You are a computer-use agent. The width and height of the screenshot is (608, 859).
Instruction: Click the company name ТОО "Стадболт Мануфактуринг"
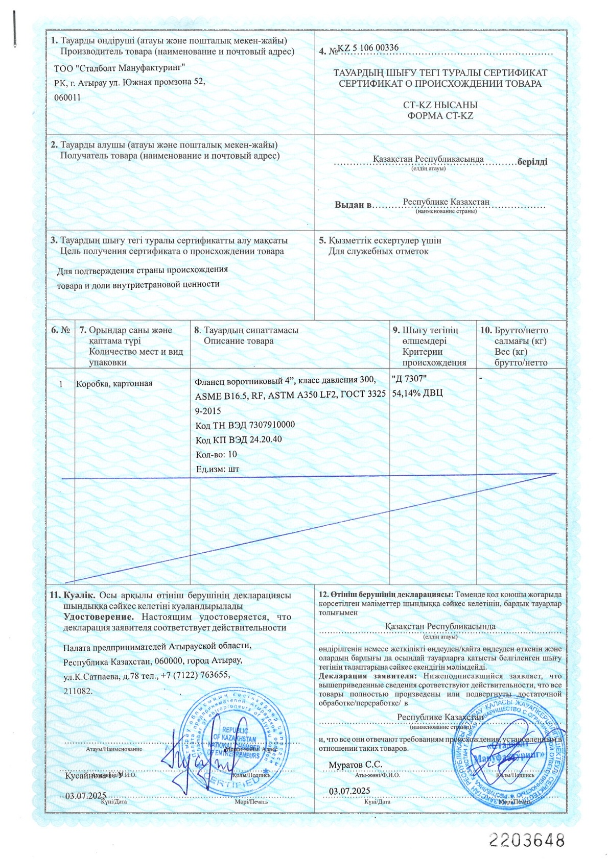(119, 67)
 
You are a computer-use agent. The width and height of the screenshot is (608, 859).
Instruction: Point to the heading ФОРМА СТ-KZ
(440, 116)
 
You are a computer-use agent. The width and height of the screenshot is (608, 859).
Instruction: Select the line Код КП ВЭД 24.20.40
(239, 439)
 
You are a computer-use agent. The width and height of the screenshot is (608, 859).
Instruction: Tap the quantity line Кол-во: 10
(216, 454)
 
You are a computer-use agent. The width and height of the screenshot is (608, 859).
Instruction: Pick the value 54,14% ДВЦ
(417, 393)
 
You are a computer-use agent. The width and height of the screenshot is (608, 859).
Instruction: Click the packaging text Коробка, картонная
(114, 383)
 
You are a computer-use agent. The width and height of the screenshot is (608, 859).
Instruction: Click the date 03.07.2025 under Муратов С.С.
(349, 791)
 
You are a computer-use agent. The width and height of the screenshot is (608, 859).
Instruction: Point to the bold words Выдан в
(353, 205)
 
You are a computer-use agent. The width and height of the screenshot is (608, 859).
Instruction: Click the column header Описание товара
(239, 341)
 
